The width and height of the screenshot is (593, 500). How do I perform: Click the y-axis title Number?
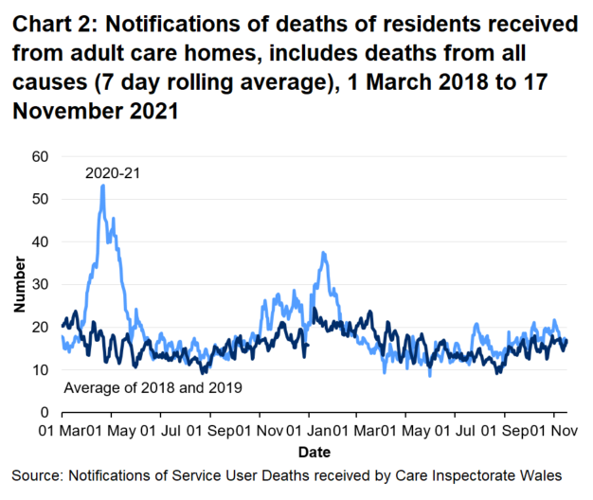click(x=20, y=284)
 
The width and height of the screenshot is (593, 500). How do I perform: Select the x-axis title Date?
click(x=313, y=452)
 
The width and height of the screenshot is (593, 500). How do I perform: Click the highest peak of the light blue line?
click(x=102, y=186)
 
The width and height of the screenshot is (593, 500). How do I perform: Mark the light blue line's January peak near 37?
click(x=324, y=253)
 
